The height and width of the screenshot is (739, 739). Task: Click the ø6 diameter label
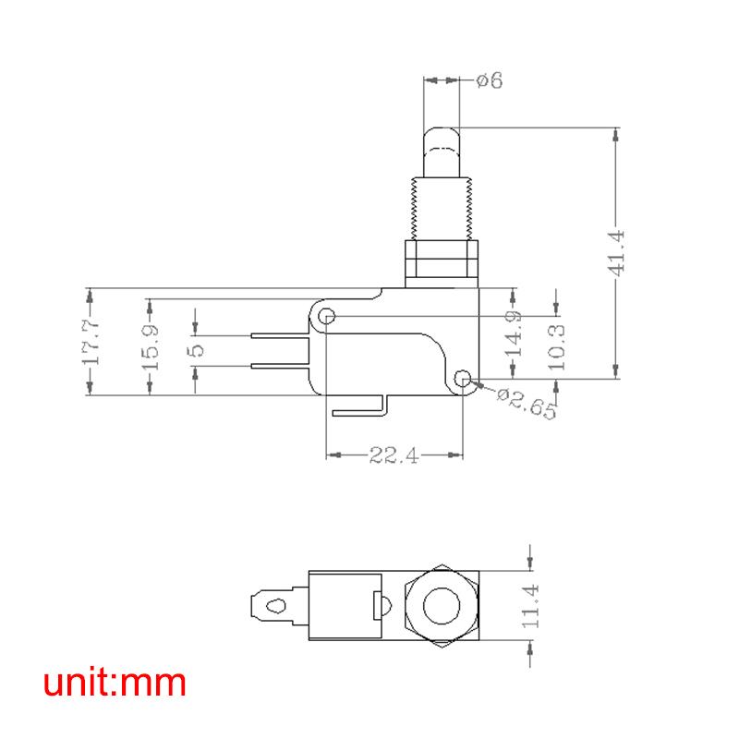pos(489,81)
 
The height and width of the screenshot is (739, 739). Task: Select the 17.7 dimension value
pos(90,342)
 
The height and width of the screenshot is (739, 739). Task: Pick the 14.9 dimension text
pos(515,333)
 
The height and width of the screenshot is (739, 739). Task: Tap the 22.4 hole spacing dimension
pos(394,454)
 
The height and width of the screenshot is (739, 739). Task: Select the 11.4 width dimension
pos(530,606)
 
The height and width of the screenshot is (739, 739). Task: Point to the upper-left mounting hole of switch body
pos(326,317)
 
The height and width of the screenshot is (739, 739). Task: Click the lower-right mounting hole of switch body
pos(464,378)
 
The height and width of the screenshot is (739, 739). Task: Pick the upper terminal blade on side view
pos(277,334)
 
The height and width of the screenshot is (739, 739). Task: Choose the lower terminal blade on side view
pos(277,367)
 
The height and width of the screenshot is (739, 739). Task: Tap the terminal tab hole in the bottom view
pos(273,607)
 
